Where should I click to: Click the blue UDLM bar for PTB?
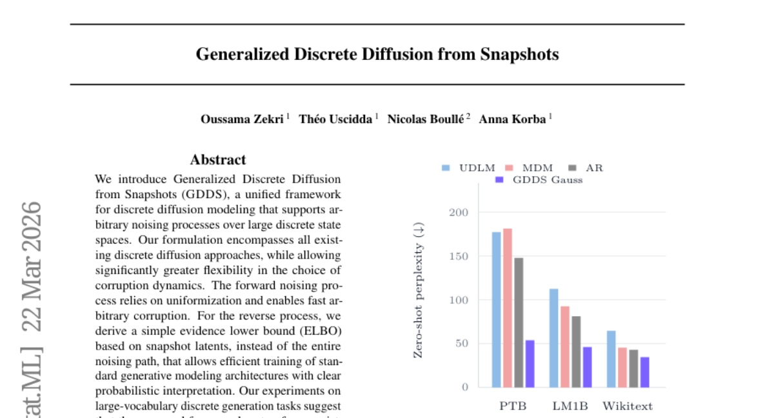[x=496, y=310]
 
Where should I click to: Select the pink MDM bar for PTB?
[x=508, y=308]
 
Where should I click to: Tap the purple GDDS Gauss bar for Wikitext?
[x=645, y=372]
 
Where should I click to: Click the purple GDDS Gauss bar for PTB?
[x=530, y=364]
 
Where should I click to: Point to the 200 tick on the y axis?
[x=459, y=212]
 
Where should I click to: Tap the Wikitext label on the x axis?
[x=627, y=406]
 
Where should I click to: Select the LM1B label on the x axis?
[x=570, y=406]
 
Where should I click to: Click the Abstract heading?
[x=218, y=159]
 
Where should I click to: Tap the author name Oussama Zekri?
[x=242, y=119]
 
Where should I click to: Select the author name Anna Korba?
[x=512, y=119]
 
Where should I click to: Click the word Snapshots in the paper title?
[x=519, y=54]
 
